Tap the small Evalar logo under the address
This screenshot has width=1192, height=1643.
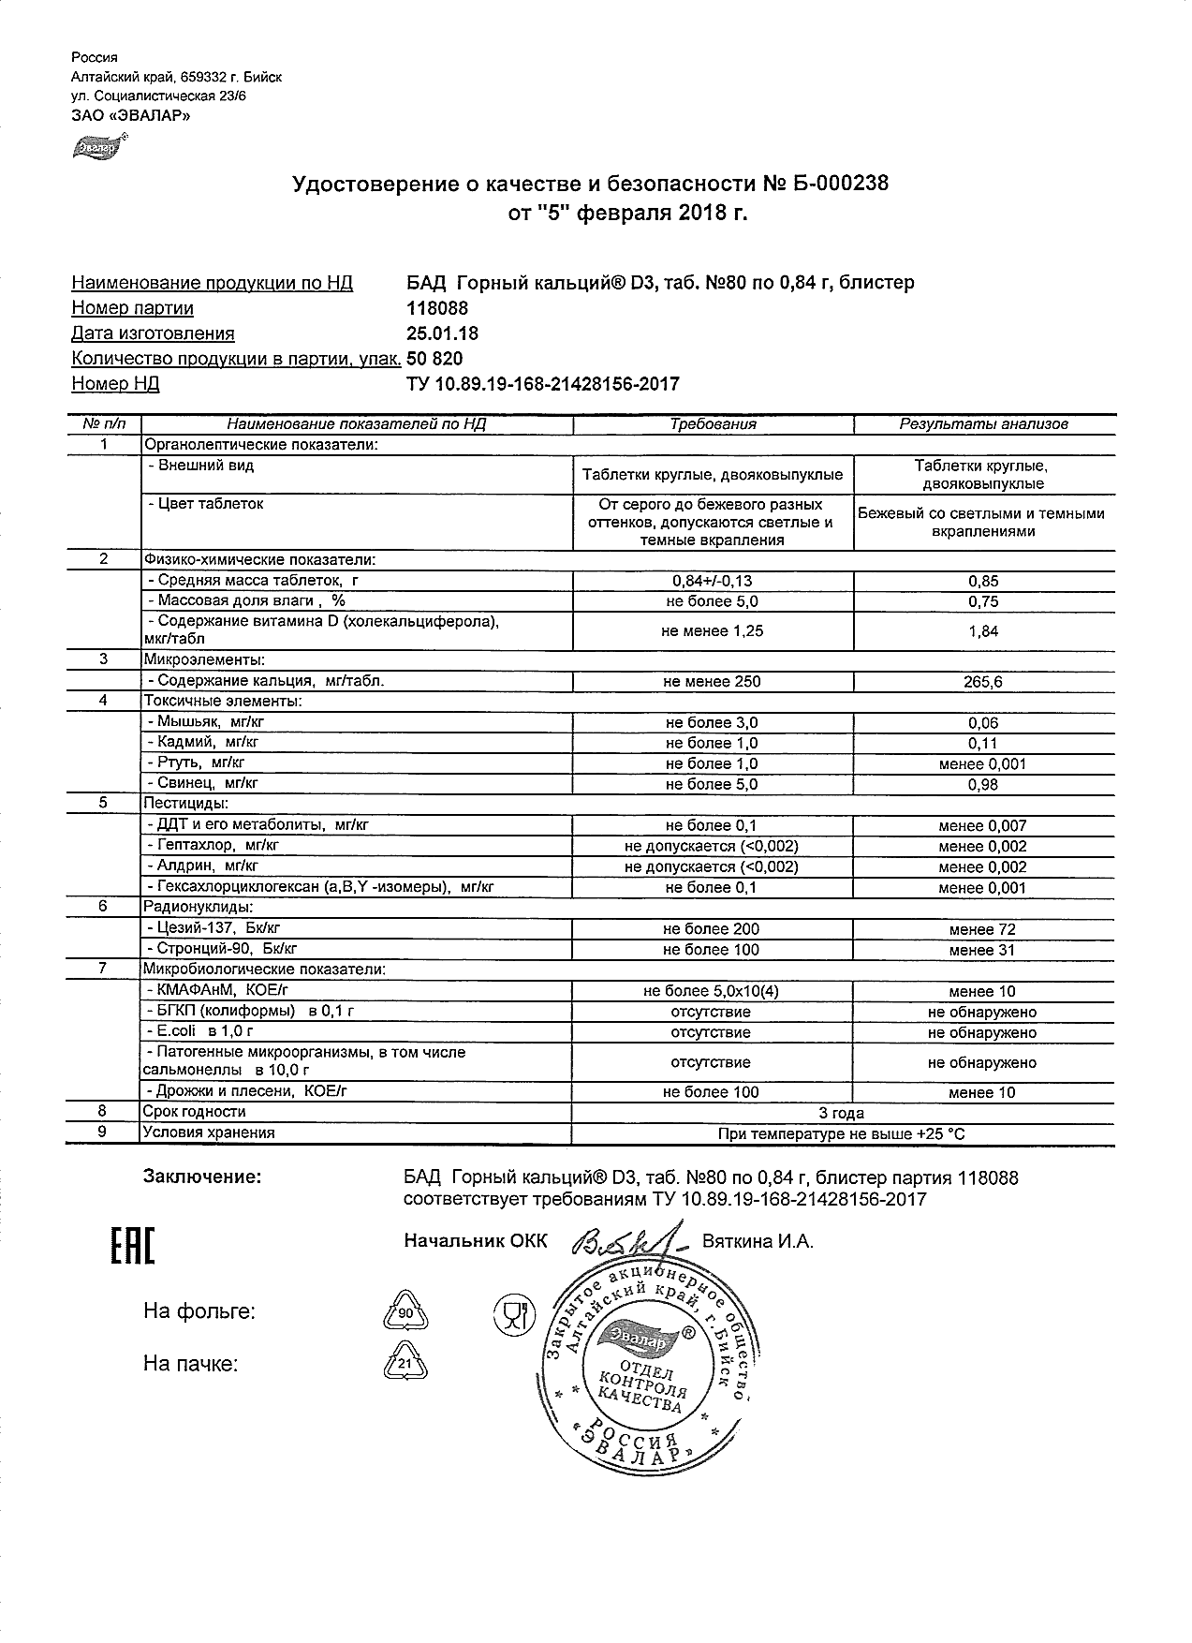(96, 148)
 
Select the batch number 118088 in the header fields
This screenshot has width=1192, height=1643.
(436, 308)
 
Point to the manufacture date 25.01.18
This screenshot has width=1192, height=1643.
(442, 333)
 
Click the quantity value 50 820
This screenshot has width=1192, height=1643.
(434, 359)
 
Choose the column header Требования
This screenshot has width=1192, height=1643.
(713, 424)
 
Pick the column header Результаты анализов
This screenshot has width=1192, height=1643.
(983, 424)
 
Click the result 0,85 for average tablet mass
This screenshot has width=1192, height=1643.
(982, 581)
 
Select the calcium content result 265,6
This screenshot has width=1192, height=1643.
(982, 683)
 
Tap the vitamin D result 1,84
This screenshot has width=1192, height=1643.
(982, 632)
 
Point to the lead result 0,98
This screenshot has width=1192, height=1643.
(982, 785)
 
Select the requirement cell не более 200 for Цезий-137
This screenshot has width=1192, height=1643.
(712, 929)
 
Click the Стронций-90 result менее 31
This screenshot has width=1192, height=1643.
(982, 951)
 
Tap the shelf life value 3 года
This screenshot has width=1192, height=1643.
(842, 1114)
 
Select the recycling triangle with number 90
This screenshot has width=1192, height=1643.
(405, 1311)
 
